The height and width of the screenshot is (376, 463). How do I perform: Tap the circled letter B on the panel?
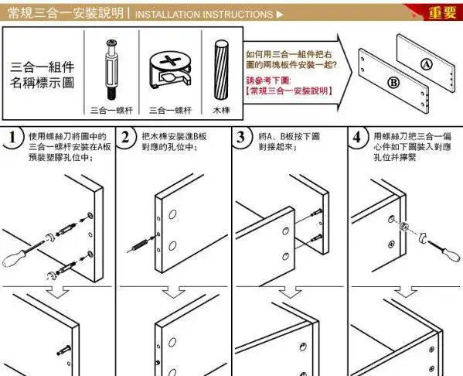coord(393,82)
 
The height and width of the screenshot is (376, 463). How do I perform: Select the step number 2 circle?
coord(128,139)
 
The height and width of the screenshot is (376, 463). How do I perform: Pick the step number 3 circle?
coord(242,139)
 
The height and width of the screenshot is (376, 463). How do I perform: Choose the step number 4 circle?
coord(356,139)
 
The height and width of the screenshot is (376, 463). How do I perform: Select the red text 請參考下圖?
coord(267,80)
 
